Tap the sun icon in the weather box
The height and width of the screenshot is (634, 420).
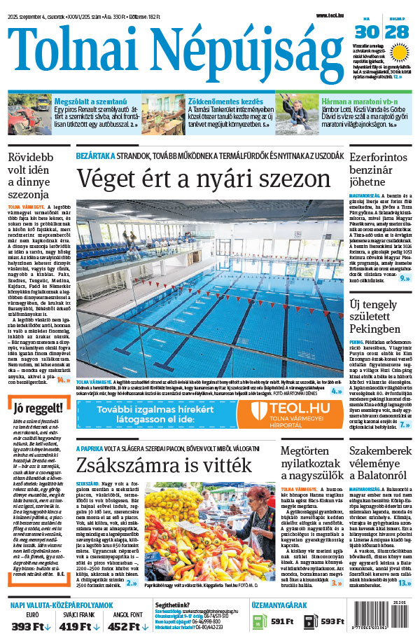pos(400,52)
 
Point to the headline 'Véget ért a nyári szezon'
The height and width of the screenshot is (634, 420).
pos(203,178)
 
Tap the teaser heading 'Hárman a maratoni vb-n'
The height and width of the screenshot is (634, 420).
pos(353,101)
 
